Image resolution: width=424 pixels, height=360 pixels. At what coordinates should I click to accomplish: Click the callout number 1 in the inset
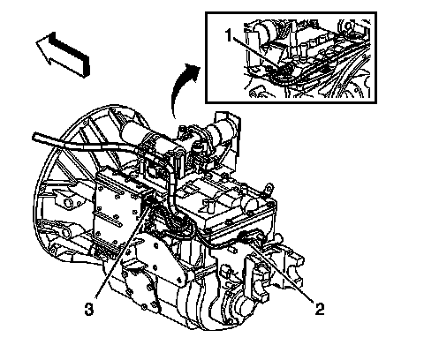(x=230, y=35)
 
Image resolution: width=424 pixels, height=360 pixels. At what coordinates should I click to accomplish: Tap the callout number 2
(x=320, y=309)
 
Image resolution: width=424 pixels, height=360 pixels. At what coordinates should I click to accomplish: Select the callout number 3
(x=89, y=309)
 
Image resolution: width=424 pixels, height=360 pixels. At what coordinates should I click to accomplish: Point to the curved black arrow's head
(x=193, y=71)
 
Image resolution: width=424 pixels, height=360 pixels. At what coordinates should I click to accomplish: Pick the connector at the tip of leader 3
(x=149, y=200)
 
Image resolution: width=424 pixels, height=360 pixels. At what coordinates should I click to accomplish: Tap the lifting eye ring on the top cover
(x=269, y=188)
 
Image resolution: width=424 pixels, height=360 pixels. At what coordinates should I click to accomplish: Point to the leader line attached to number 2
(x=282, y=270)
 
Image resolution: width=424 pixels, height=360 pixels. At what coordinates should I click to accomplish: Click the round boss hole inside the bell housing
(x=69, y=202)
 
